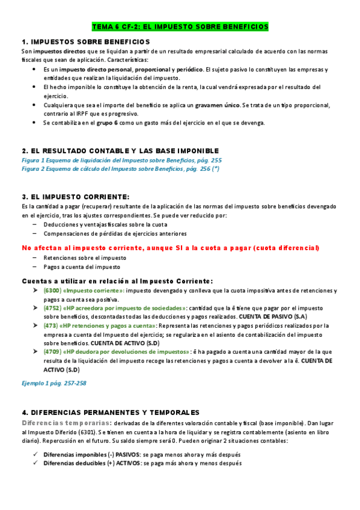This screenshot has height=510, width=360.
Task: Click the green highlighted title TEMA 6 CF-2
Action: click(180, 27)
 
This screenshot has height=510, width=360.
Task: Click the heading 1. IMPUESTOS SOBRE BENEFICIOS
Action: click(85, 41)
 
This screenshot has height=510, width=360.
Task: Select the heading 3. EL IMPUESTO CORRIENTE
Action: click(75, 197)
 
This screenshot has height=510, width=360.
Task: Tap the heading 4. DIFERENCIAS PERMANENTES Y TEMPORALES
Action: click(111, 412)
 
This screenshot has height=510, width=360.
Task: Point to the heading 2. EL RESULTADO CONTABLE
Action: click(120, 150)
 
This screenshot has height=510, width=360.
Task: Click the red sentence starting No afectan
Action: click(170, 248)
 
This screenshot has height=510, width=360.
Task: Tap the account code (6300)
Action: click(52, 290)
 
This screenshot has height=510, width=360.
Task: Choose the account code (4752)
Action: click(52, 307)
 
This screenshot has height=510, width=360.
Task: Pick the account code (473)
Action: click(50, 325)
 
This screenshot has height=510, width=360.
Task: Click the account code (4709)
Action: click(52, 352)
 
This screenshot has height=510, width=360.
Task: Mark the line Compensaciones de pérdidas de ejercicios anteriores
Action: click(115, 233)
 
